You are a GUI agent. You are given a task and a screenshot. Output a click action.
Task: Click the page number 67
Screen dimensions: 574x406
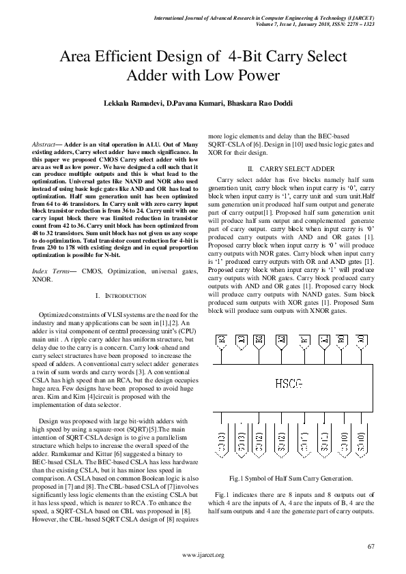pyautogui.click(x=371, y=547)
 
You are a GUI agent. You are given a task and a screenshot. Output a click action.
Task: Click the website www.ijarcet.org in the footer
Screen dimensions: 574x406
pyautogui.click(x=203, y=556)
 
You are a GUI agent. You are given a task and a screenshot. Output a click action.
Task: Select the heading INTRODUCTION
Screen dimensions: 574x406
pyautogui.click(x=121, y=295)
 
